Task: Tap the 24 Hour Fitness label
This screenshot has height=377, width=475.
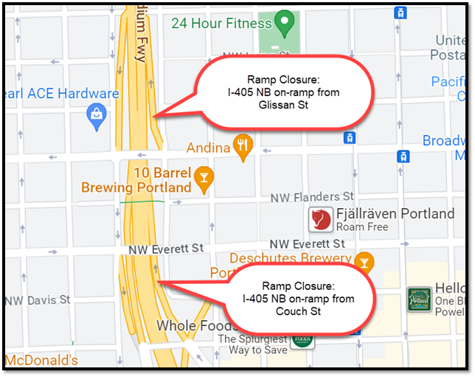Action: click(221, 23)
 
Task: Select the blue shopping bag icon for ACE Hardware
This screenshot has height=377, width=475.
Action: click(96, 117)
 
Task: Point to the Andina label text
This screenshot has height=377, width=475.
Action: click(208, 148)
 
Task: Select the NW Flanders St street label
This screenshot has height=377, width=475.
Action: click(312, 197)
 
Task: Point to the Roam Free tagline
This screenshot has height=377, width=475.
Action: click(361, 227)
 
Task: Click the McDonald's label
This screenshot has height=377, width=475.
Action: click(41, 361)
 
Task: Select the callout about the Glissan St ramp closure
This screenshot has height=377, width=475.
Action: click(282, 92)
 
